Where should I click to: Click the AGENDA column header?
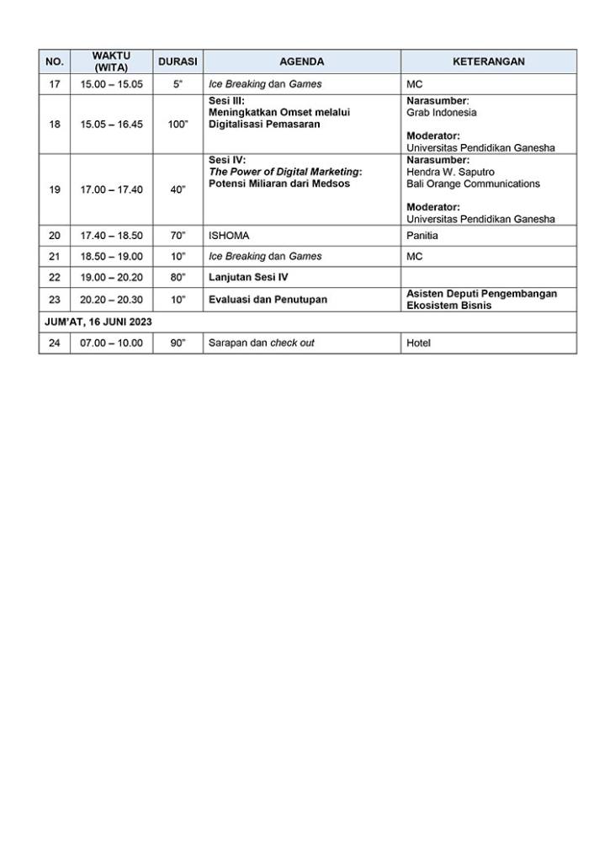point(301,61)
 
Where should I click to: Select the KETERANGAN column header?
point(488,61)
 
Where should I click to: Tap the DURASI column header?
point(178,61)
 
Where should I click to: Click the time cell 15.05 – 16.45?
point(111,125)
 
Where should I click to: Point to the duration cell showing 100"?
point(178,125)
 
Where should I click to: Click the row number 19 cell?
point(55,190)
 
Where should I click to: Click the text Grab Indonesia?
point(441,112)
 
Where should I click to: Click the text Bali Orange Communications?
point(473,184)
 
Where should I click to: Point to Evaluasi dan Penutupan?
point(268,300)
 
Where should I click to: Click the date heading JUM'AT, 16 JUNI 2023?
point(98,322)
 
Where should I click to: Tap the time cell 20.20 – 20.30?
point(111,300)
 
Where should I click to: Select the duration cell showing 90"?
point(178,343)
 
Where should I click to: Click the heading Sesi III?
point(226,100)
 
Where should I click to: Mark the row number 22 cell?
point(55,277)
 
